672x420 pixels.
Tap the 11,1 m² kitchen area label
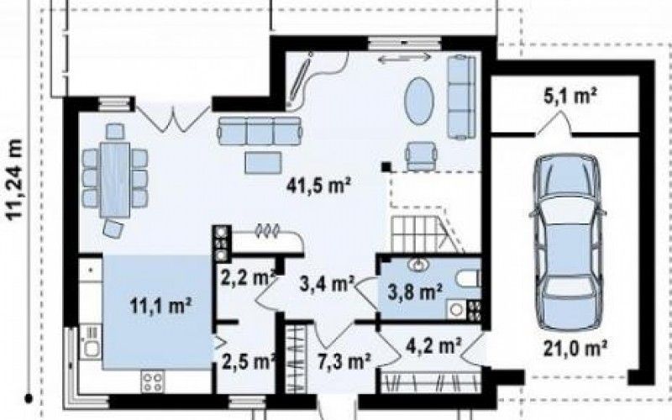tap(160, 306)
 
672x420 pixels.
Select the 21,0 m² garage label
tap(575, 348)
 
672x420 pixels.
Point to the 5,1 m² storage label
tap(571, 97)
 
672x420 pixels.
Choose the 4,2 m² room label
tap(433, 344)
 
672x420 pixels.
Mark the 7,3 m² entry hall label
tap(344, 361)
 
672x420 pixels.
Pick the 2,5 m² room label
tap(248, 361)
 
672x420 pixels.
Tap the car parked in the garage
tap(568, 242)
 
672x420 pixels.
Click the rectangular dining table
tap(115, 180)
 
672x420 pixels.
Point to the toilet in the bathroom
tap(468, 280)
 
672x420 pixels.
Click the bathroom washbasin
tap(418, 265)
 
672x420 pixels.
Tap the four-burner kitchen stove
tap(153, 381)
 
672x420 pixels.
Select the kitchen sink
tap(91, 343)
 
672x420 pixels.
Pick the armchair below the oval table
tap(422, 156)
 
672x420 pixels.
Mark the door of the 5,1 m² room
tap(553, 124)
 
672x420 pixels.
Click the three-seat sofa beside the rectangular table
tap(260, 132)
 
